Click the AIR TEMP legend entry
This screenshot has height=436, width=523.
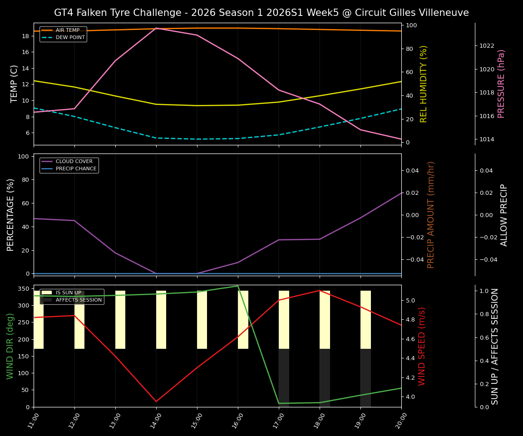point(67,30)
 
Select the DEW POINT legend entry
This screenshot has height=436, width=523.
point(70,38)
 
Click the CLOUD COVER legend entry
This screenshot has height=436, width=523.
point(74,162)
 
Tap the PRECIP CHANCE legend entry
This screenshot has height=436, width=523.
point(76,169)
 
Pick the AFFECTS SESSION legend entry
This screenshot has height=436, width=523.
point(79,300)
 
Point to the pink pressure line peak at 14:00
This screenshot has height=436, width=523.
point(156,28)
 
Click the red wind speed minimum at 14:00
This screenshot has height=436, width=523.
point(156,401)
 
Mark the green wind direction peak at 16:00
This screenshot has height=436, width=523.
point(238,286)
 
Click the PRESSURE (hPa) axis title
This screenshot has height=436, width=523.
point(501,84)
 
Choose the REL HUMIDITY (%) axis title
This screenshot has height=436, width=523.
point(424,84)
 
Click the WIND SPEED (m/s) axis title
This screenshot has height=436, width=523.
point(422,346)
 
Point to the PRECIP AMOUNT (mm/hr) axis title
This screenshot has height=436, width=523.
point(431,214)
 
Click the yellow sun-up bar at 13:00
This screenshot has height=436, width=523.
point(120,320)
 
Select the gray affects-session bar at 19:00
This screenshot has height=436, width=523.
point(365,378)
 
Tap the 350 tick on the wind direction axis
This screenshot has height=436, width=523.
point(25,289)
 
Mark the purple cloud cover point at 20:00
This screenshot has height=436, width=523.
point(401,193)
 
